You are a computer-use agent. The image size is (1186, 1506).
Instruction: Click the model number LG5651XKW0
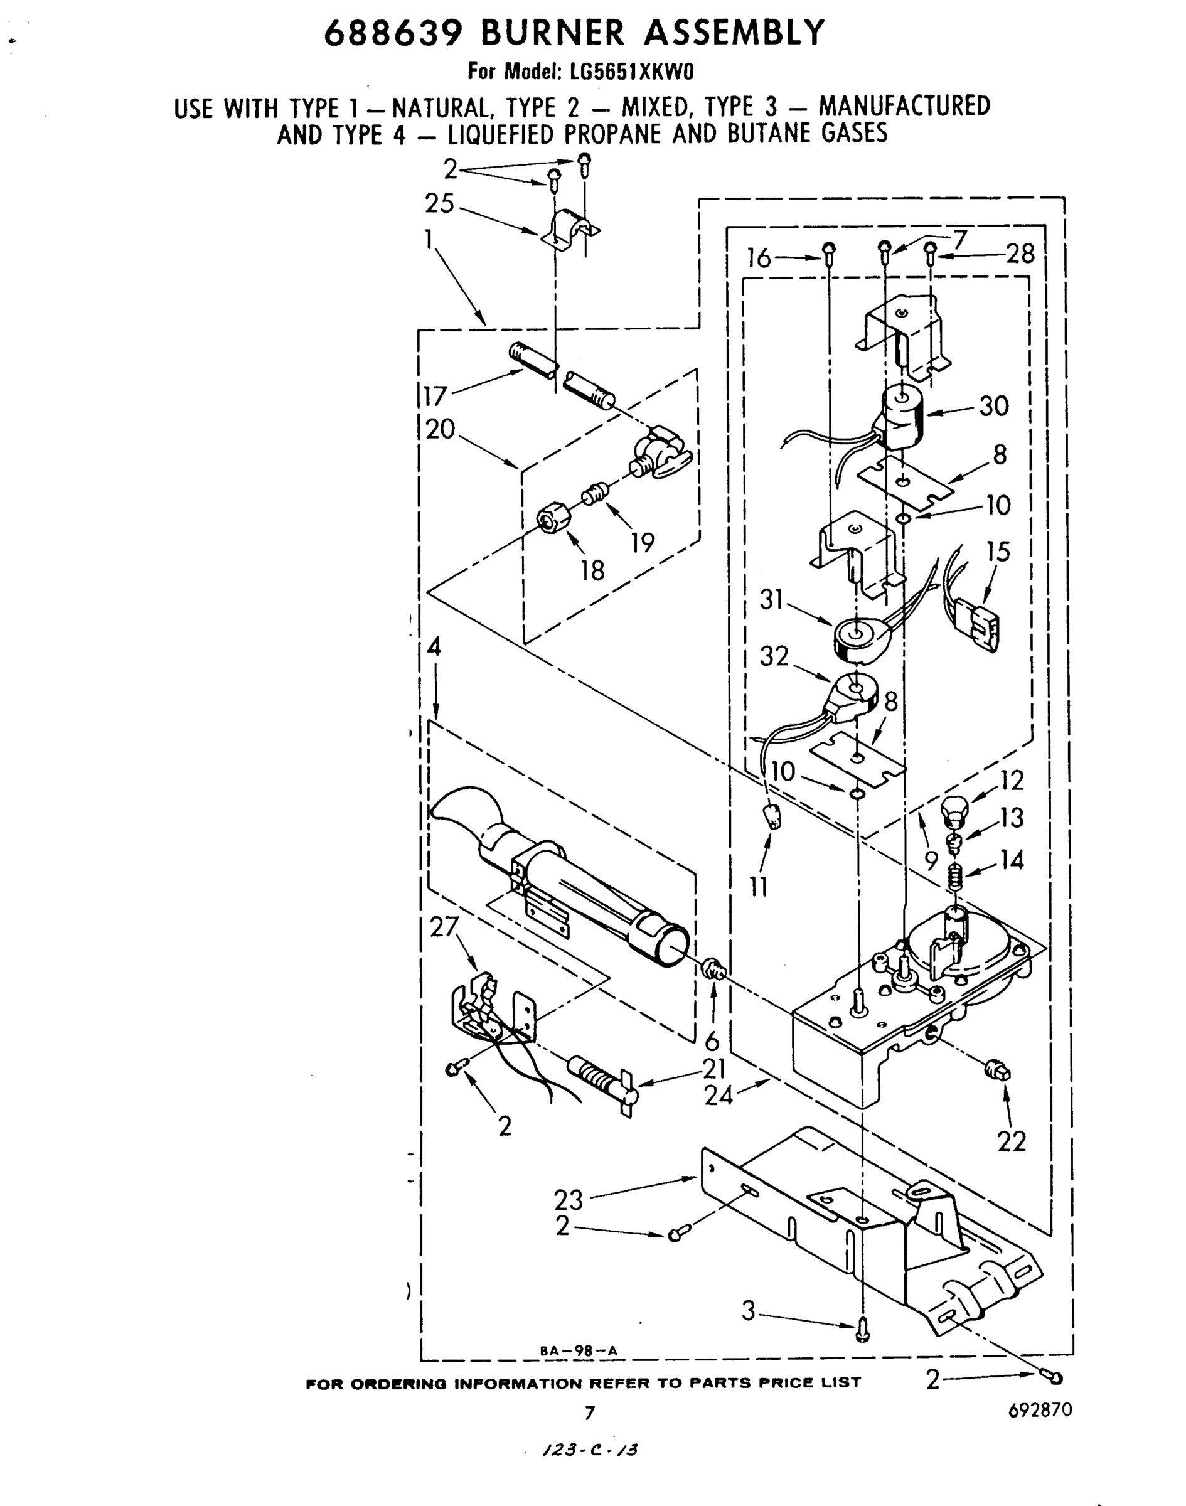[x=613, y=72]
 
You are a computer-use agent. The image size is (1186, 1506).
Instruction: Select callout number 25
[x=439, y=204]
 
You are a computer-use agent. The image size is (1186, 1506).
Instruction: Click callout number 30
[x=993, y=405]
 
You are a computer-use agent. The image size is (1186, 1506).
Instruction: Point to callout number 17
[x=435, y=396]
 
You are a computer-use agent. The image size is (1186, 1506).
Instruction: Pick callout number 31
[x=771, y=599]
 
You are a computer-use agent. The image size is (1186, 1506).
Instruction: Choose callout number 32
[x=774, y=656]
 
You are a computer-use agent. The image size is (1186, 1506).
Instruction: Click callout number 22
[x=1011, y=1141]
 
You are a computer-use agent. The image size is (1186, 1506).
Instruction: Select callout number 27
[x=444, y=927]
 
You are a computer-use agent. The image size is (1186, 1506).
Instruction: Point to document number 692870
[x=1040, y=1409]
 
